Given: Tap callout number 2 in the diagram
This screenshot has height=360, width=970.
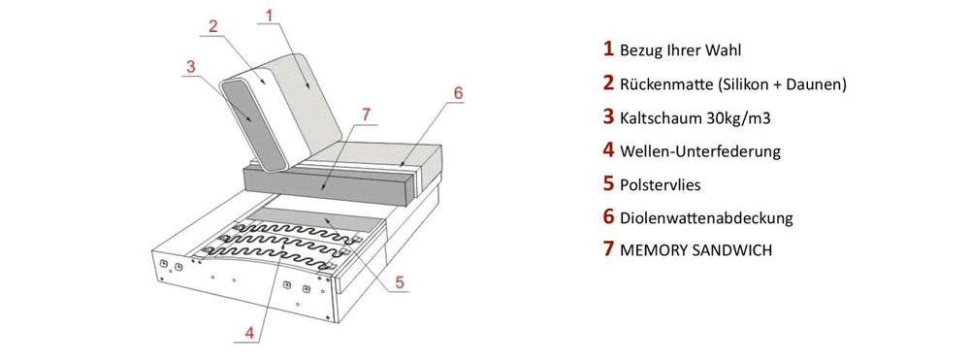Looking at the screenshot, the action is point(213,26).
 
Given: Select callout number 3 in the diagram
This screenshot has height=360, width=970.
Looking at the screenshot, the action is point(191,67).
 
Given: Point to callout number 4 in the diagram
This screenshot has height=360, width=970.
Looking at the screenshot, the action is point(249,332).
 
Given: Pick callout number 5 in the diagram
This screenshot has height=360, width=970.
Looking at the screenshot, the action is point(400,282).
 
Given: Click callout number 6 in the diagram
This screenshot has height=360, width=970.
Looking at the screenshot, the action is point(458,93).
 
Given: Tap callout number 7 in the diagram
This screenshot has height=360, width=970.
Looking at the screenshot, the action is point(366,115).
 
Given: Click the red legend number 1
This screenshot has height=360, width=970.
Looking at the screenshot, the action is point(609,49).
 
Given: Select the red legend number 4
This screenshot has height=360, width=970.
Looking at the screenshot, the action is point(609,150).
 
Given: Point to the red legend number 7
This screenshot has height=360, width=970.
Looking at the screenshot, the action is point(609,250).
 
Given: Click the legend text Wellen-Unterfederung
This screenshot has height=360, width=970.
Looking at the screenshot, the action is point(700,151).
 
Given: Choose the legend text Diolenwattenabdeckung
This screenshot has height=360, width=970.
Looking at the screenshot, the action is point(706,217).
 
